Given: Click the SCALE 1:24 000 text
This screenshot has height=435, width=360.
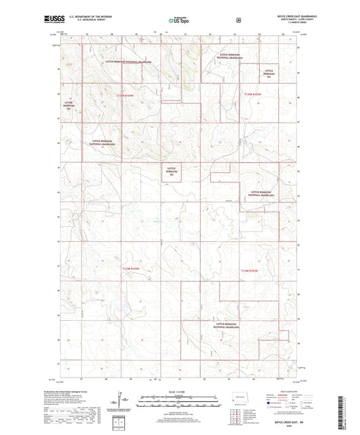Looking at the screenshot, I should (x=180, y=392).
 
